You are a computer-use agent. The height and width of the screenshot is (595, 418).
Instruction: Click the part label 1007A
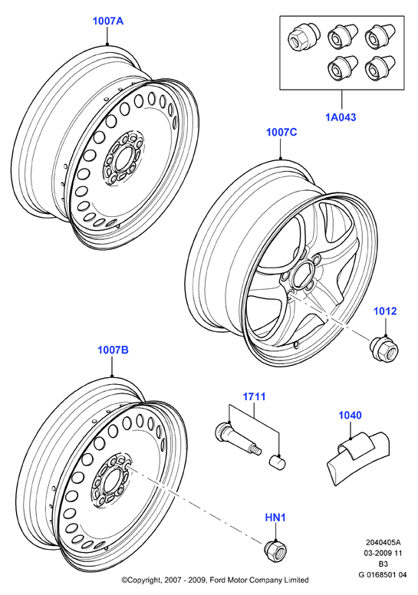(x=108, y=21)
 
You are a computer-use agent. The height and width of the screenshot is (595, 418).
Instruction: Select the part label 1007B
(x=114, y=350)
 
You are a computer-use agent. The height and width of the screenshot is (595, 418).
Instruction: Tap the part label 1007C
(x=281, y=133)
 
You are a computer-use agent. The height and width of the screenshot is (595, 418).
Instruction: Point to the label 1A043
(x=341, y=117)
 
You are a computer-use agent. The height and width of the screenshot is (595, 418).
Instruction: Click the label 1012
(x=385, y=311)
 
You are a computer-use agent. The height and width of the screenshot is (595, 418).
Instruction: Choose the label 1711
(x=255, y=397)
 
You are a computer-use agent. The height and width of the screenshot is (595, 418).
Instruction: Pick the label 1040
(x=350, y=415)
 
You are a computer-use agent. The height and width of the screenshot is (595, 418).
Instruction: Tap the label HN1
(x=275, y=518)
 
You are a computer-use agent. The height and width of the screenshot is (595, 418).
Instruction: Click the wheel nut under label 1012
(x=384, y=348)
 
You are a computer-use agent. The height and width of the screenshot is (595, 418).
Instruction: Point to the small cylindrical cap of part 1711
(x=277, y=462)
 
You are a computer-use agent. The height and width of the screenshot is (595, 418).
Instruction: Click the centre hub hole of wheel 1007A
(x=122, y=158)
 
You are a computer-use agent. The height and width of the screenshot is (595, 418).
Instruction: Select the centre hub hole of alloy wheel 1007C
(x=302, y=275)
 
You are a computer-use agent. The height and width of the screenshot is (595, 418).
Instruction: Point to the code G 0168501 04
(x=383, y=575)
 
